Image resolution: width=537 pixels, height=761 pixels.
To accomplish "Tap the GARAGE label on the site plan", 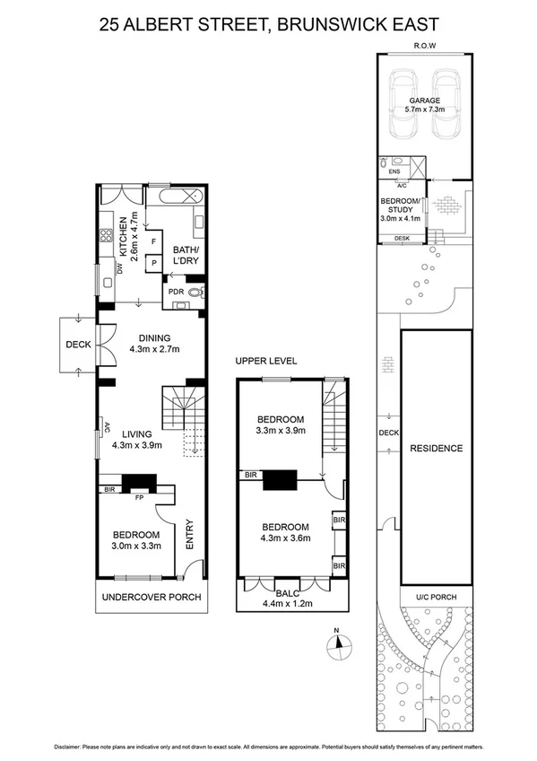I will tap(425, 101).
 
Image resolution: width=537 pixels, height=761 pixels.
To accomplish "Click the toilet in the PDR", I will tap(197, 292).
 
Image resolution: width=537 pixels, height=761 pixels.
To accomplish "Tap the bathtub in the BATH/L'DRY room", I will tap(179, 196).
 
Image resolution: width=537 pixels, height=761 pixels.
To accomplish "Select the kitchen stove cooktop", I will tap(106, 238).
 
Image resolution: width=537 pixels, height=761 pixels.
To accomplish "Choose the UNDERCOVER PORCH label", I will tap(151, 598).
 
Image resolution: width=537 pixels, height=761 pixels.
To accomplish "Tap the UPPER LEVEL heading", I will tap(266, 361).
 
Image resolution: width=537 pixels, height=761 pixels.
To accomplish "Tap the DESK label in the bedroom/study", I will tap(402, 238).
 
